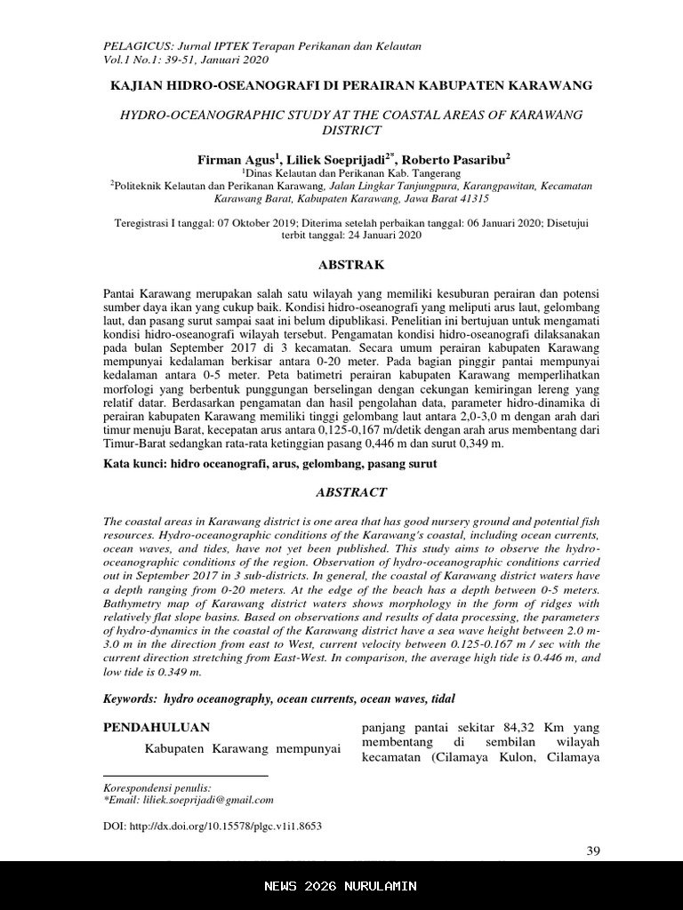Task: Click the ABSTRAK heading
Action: click(x=351, y=264)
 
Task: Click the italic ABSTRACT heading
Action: click(x=351, y=491)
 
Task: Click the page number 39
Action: click(x=594, y=851)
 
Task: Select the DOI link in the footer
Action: click(x=213, y=826)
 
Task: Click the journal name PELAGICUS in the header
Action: click(x=134, y=46)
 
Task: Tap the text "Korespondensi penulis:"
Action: click(x=157, y=787)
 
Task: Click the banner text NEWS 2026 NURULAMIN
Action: click(x=341, y=886)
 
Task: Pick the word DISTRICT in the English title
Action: click(x=351, y=130)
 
